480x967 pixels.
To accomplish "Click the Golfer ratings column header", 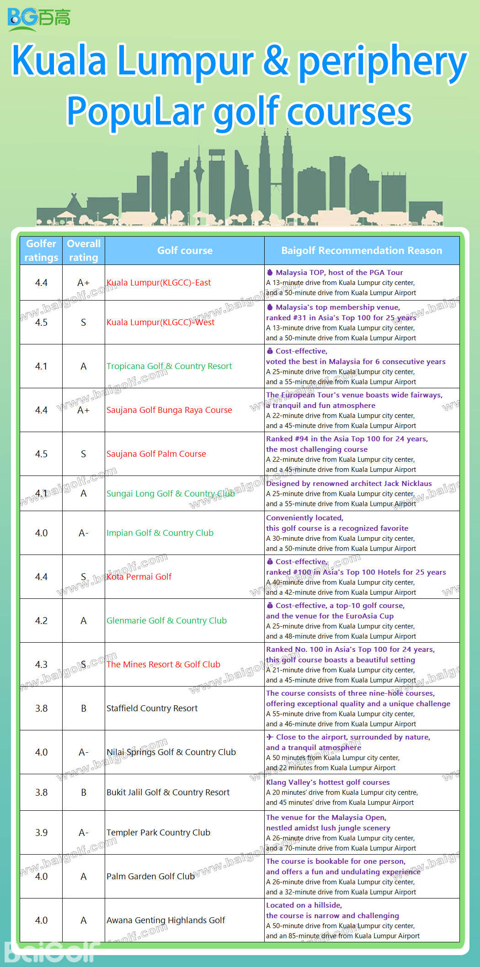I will (41, 250).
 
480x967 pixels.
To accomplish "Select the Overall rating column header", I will (84, 250).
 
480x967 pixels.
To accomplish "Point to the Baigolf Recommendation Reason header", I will (362, 250).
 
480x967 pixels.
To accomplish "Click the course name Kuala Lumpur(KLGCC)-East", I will (159, 283).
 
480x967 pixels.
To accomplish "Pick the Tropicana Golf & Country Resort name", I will (169, 366).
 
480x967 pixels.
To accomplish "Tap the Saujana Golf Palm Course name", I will (156, 454).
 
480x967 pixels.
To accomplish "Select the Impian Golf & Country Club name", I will (160, 533).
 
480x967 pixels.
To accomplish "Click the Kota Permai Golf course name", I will (139, 576).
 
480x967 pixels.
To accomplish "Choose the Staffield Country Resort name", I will (152, 708).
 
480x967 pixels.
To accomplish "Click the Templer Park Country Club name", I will (158, 832).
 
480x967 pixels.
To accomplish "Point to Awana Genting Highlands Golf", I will (166, 920).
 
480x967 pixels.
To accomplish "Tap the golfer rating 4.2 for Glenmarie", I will (41, 620).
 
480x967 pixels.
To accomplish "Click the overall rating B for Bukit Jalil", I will (84, 792).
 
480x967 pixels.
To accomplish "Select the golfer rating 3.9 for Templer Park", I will (41, 832).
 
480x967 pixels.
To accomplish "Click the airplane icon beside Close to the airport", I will (270, 737).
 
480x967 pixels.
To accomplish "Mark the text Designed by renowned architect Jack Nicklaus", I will (349, 483).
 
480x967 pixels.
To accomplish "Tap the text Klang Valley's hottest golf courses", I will (328, 782).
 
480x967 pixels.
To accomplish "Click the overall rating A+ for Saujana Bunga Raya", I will (84, 410).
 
